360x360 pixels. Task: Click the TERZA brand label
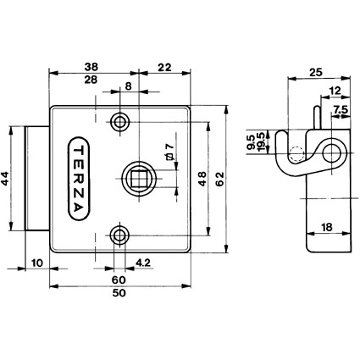[79, 179]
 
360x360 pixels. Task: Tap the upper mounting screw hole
[119, 122]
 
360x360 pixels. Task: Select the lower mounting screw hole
[119, 235]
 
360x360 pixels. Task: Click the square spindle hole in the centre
[139, 179]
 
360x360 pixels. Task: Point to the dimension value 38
[91, 67]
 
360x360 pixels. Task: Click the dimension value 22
[164, 68]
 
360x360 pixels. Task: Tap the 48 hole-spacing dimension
[202, 179]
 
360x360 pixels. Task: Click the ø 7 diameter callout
[169, 152]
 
